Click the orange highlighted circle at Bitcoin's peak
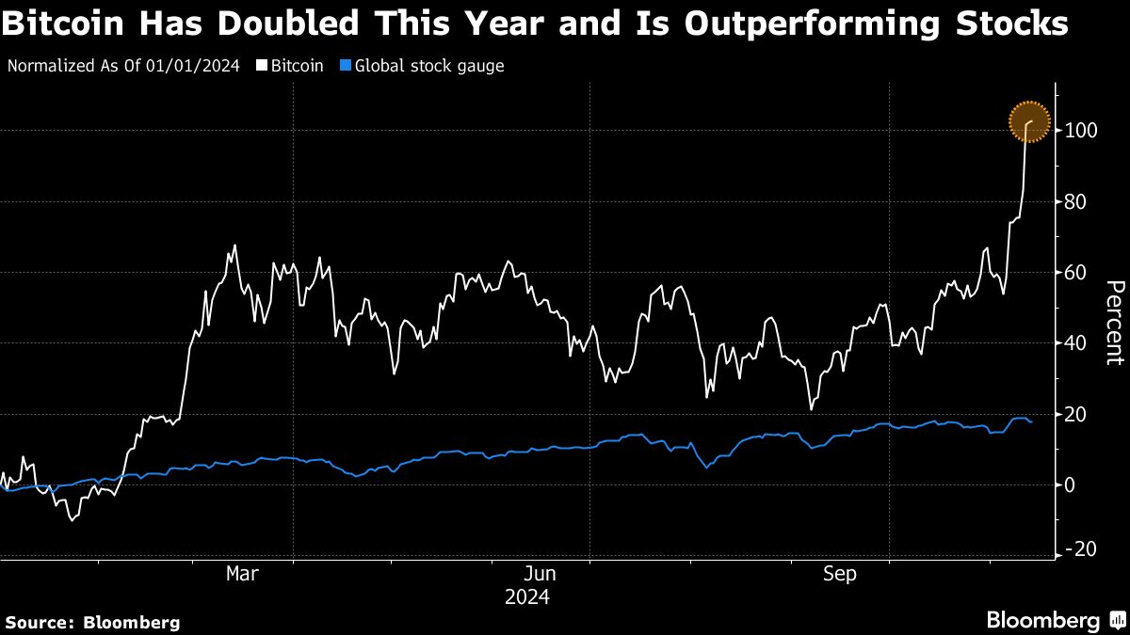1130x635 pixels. (x=1028, y=121)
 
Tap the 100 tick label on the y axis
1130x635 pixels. (x=1081, y=130)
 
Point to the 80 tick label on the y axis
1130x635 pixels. (x=1076, y=201)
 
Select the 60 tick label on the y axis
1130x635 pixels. (x=1076, y=272)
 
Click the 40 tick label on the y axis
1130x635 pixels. (x=1076, y=343)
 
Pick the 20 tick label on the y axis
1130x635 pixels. (x=1076, y=414)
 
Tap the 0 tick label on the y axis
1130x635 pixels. (x=1072, y=485)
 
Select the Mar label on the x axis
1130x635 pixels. (x=243, y=574)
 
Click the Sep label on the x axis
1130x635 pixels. (x=839, y=574)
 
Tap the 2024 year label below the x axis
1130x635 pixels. (x=527, y=597)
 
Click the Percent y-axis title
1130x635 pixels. (x=1114, y=322)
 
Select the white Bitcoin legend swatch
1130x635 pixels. (x=263, y=67)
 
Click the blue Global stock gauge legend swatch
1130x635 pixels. (x=345, y=67)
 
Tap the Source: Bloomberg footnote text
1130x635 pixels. (x=93, y=622)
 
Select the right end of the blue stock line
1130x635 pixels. (x=1032, y=422)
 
